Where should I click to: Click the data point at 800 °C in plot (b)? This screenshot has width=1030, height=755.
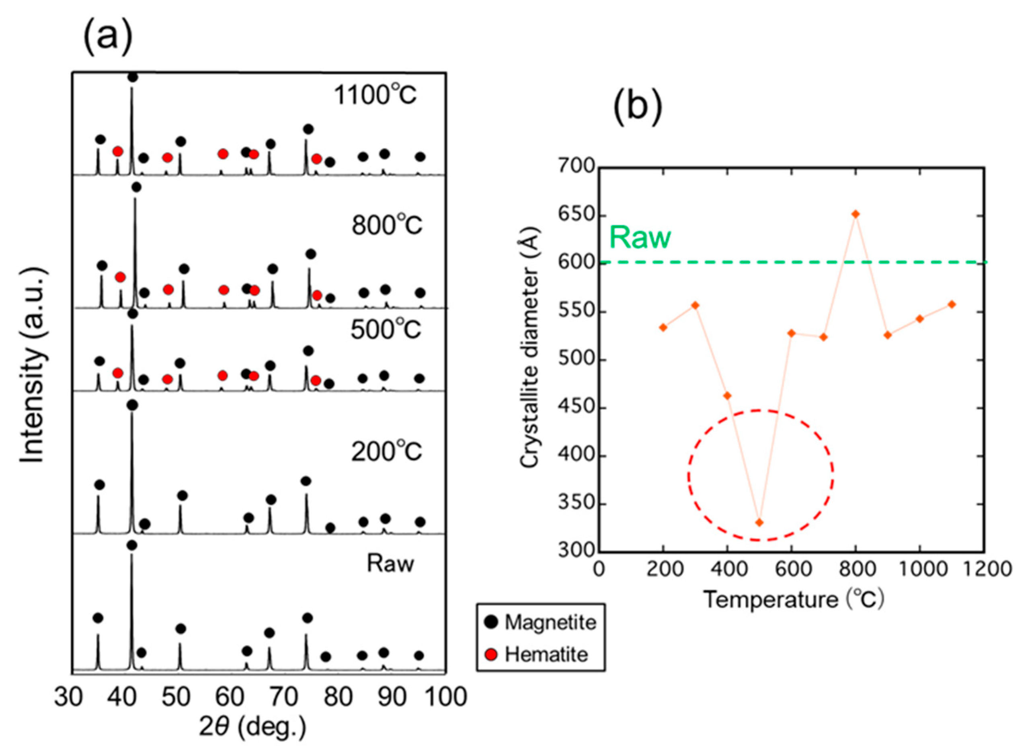pyautogui.click(x=856, y=214)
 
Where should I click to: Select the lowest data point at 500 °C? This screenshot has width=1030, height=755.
pyautogui.click(x=759, y=522)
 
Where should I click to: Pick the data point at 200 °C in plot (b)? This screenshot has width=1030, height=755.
pyautogui.click(x=663, y=327)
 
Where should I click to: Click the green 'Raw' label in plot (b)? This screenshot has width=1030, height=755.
pyautogui.click(x=640, y=237)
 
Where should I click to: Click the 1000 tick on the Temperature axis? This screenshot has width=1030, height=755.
pyautogui.click(x=919, y=569)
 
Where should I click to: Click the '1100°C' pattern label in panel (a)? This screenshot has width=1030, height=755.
pyautogui.click(x=375, y=95)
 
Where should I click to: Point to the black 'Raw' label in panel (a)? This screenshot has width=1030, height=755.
pyautogui.click(x=391, y=564)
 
